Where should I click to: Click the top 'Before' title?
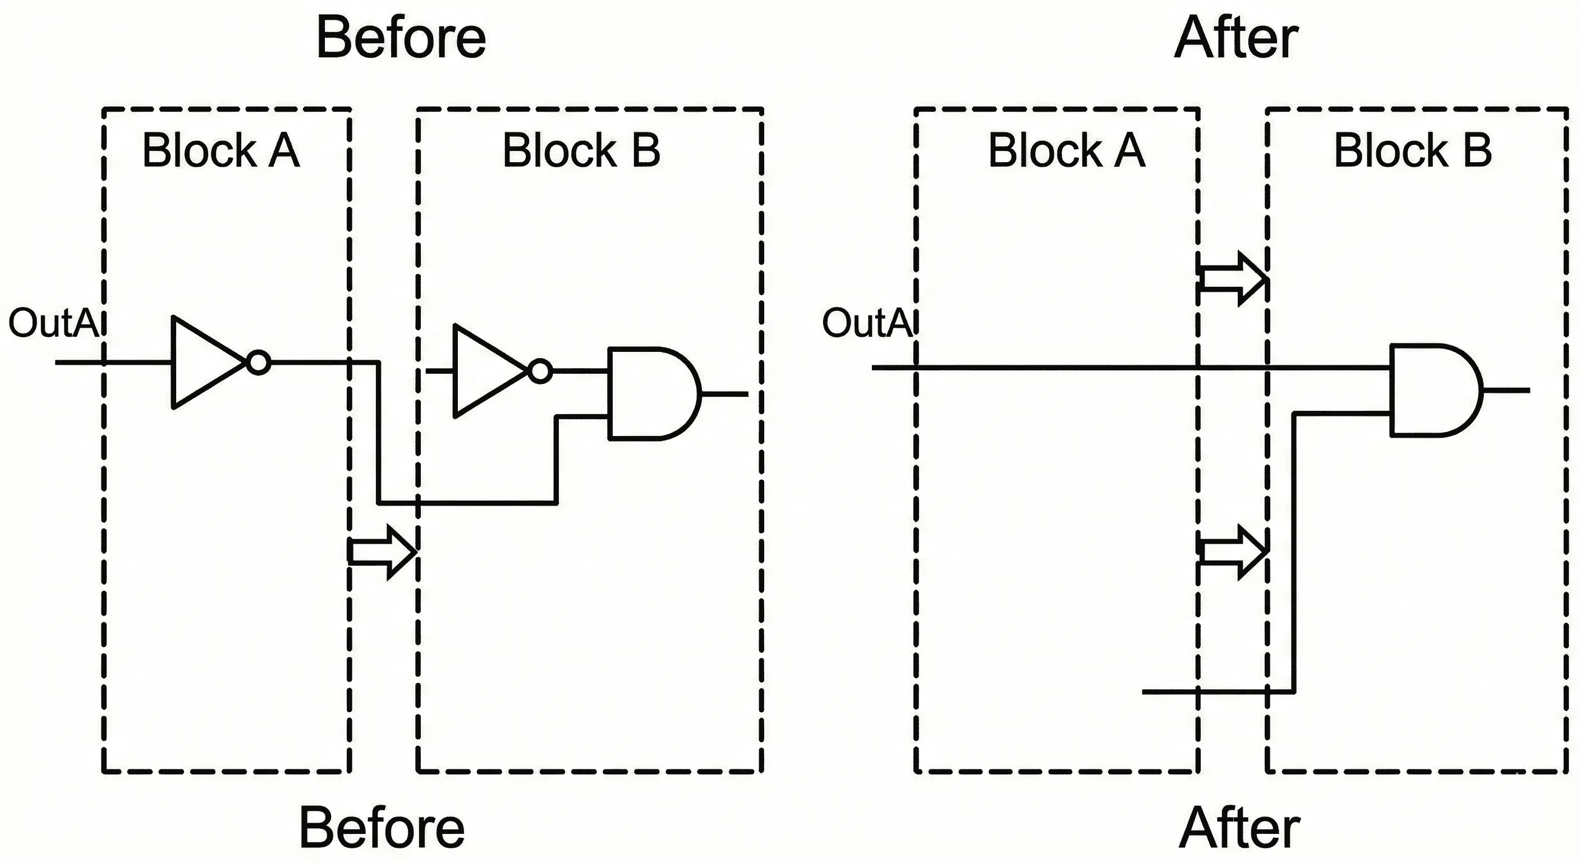(401, 38)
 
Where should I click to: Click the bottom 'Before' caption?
(382, 828)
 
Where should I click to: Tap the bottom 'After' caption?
(1239, 828)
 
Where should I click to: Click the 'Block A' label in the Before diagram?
(221, 150)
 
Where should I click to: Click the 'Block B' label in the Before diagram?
(581, 150)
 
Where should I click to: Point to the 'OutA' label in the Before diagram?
(54, 323)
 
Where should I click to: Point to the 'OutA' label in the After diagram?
(867, 323)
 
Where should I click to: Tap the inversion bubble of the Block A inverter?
(259, 363)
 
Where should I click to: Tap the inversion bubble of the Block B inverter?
(540, 371)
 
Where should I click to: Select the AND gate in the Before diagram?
(650, 394)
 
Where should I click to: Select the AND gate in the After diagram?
(1432, 390)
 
